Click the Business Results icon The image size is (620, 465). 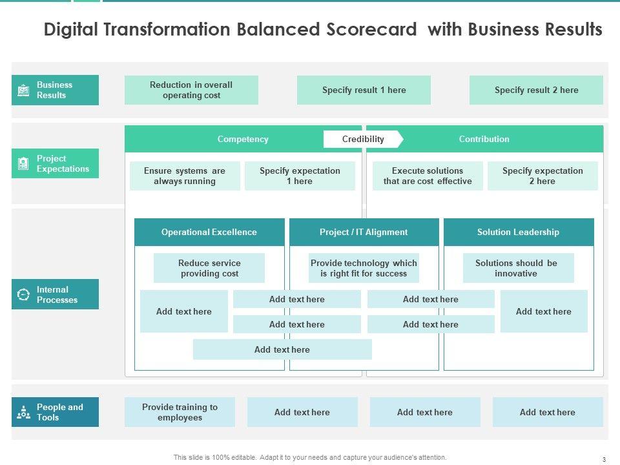pyautogui.click(x=23, y=90)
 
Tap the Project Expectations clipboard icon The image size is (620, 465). pyautogui.click(x=23, y=163)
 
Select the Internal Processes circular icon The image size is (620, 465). pyautogui.click(x=23, y=294)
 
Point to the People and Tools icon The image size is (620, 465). pyautogui.click(x=23, y=412)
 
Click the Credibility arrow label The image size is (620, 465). pyautogui.click(x=364, y=139)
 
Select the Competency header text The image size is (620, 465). pyautogui.click(x=243, y=139)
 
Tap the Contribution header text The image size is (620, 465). pyautogui.click(x=484, y=139)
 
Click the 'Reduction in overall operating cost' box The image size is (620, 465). pyautogui.click(x=191, y=90)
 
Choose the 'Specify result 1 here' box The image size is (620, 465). pyautogui.click(x=364, y=90)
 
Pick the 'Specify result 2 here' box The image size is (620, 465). pyautogui.click(x=536, y=90)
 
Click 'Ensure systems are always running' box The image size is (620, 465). pyautogui.click(x=185, y=176)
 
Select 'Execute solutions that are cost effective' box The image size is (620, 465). pyautogui.click(x=428, y=176)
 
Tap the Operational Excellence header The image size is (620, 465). pyautogui.click(x=209, y=232)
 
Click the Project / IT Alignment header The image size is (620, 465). pyautogui.click(x=364, y=232)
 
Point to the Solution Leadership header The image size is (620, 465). pyautogui.click(x=519, y=232)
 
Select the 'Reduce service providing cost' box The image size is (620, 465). pyautogui.click(x=209, y=268)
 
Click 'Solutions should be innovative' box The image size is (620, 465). pyautogui.click(x=518, y=268)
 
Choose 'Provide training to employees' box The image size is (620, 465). pyautogui.click(x=180, y=412)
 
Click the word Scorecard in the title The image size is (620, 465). pyautogui.click(x=372, y=29)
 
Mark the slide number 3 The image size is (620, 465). pyautogui.click(x=604, y=459)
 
